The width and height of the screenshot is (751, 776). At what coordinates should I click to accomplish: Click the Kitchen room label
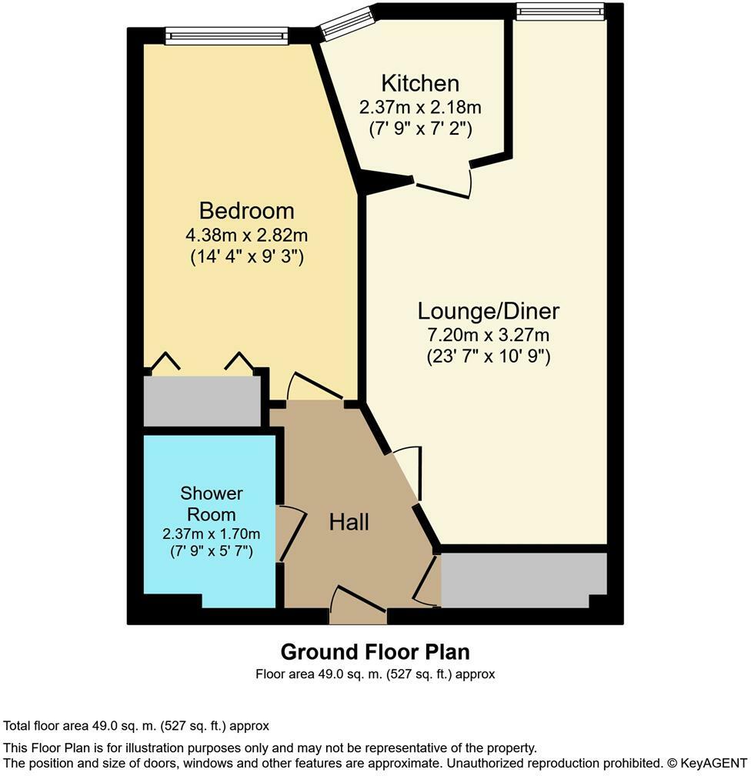pos(420,83)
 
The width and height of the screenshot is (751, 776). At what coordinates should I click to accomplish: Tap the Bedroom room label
pos(246,210)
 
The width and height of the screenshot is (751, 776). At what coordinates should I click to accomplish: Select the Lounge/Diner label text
pos(488,311)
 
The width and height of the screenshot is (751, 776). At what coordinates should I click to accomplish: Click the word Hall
pos(349,522)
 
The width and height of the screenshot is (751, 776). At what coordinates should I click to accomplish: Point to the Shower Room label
pos(212,503)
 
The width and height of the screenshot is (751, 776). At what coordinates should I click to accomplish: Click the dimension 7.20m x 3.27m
pos(488,335)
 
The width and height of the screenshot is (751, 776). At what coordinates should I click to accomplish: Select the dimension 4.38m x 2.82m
pos(246,235)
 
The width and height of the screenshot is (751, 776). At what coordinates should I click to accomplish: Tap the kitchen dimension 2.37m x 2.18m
pos(420,107)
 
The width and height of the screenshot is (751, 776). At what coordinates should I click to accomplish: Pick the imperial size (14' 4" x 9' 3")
pos(246,257)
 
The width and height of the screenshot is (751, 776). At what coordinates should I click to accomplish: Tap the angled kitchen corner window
pos(345,24)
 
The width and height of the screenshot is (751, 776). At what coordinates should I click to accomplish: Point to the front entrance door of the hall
pos(358,604)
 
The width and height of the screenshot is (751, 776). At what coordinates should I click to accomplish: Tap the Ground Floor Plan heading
pos(375,652)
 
